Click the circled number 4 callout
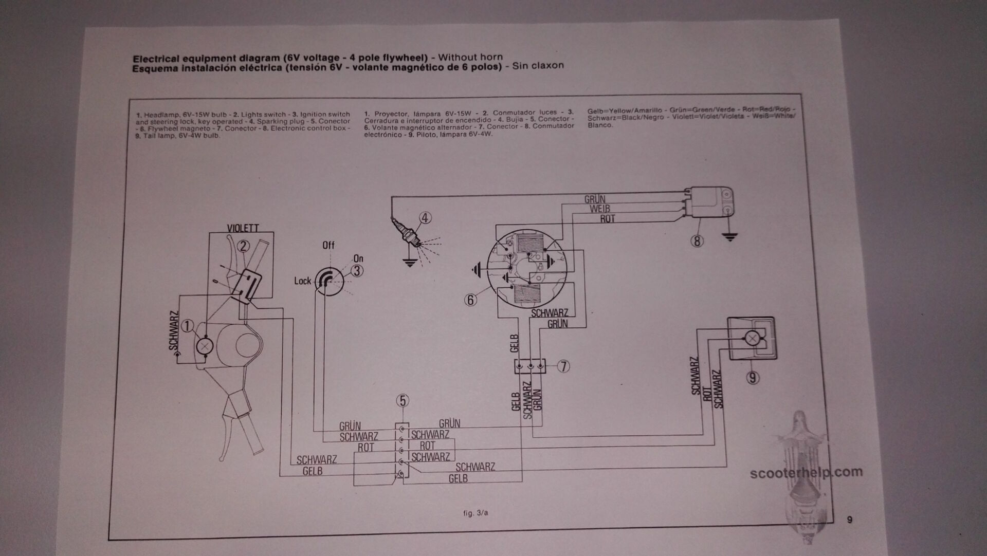[x=425, y=218]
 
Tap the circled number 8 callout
[x=697, y=240]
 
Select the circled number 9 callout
[x=753, y=378]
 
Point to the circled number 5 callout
[x=403, y=401]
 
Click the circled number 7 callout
[x=564, y=366]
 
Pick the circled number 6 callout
[x=470, y=300]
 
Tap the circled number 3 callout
[x=357, y=271]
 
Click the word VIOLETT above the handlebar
[x=243, y=228]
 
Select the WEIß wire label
[x=599, y=209]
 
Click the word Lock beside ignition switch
[x=302, y=281]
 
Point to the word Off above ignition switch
[x=328, y=245]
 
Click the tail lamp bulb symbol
[x=752, y=338]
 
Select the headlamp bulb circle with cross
[x=205, y=346]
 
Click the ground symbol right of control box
[x=729, y=237]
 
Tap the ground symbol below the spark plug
[x=409, y=263]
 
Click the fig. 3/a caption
[x=475, y=513]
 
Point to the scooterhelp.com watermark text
[x=806, y=472]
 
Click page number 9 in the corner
[x=849, y=520]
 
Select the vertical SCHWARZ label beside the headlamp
[x=174, y=330]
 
